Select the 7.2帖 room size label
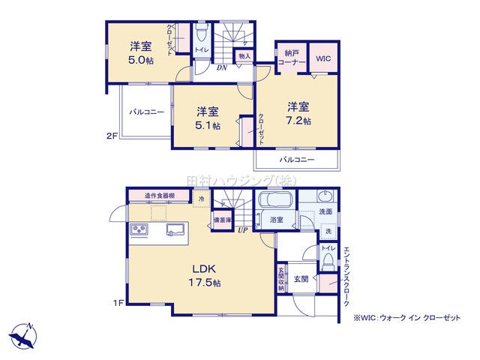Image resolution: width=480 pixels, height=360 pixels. click(x=297, y=119)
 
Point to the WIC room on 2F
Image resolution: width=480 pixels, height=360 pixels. click(x=322, y=58)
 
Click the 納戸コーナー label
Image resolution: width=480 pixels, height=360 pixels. click(x=292, y=58)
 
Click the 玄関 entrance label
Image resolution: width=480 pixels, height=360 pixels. click(x=301, y=278)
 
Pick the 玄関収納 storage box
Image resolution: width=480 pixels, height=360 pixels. click(x=281, y=278)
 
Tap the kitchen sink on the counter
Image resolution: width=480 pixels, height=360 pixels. click(x=175, y=229)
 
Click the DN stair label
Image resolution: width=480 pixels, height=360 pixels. click(x=222, y=67)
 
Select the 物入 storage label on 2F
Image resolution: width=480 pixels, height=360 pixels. click(x=244, y=55)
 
